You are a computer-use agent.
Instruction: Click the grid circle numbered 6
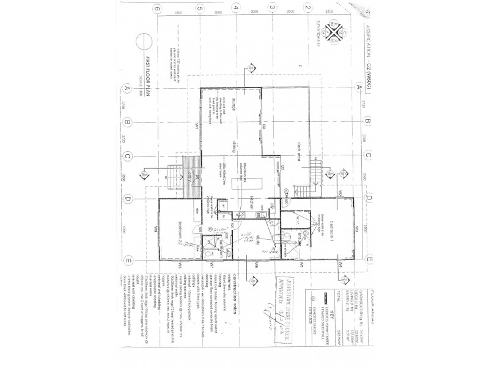[158, 8]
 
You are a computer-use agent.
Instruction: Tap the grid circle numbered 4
[235, 8]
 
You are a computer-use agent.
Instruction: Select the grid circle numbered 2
[309, 8]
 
